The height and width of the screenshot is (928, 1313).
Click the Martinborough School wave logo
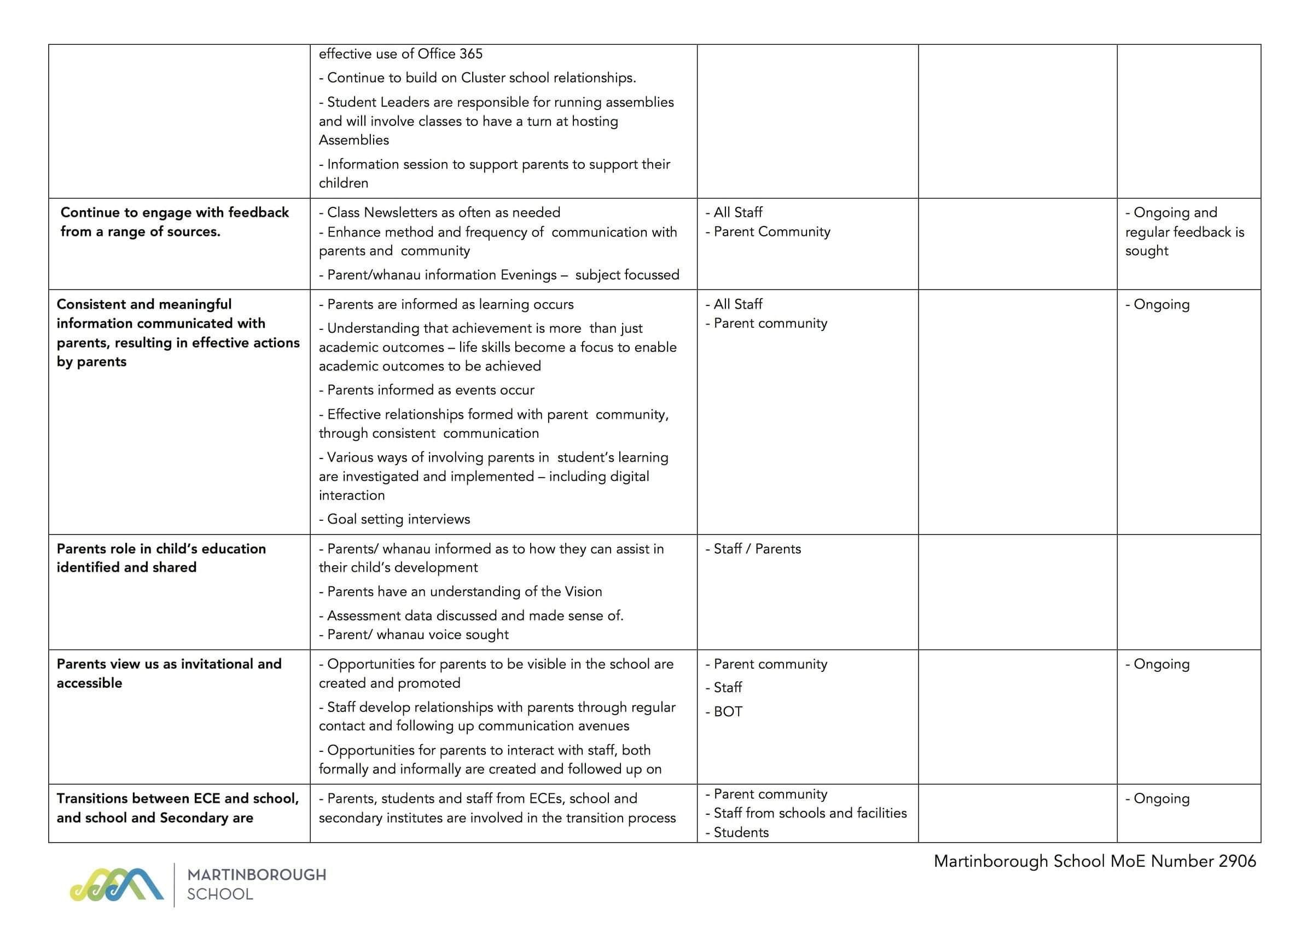click(x=117, y=885)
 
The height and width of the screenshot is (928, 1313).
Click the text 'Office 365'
click(x=450, y=54)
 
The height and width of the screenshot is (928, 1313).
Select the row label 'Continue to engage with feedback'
click(x=175, y=212)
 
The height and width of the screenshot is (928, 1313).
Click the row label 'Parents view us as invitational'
click(x=169, y=664)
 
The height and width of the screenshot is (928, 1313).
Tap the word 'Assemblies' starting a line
click(x=353, y=140)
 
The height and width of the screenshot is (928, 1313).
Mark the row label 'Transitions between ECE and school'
click(x=177, y=798)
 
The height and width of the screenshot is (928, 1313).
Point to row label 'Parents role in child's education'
click(x=161, y=549)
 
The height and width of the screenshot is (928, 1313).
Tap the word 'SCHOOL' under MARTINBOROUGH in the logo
click(x=219, y=894)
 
